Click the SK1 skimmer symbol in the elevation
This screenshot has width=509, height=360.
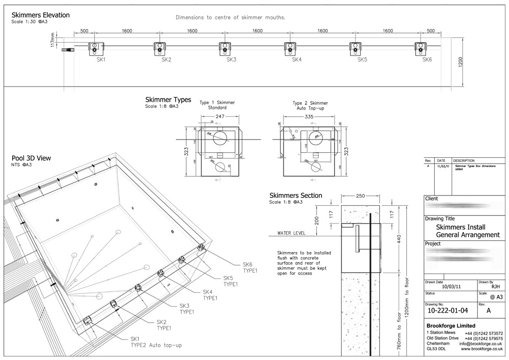tap(95, 48)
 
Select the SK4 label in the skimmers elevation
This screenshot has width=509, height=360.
tap(297, 60)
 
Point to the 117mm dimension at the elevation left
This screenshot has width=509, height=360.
tap(52, 39)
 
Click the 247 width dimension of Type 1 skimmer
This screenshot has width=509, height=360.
tap(220, 117)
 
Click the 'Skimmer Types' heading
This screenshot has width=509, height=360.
tap(168, 100)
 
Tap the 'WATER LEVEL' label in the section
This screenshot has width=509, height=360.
tap(291, 233)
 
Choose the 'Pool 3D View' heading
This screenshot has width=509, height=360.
tap(31, 158)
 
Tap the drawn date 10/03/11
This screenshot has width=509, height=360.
tap(450, 287)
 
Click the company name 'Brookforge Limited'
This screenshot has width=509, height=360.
tap(450, 325)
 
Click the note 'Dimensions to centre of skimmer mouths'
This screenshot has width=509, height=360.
tap(230, 17)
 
